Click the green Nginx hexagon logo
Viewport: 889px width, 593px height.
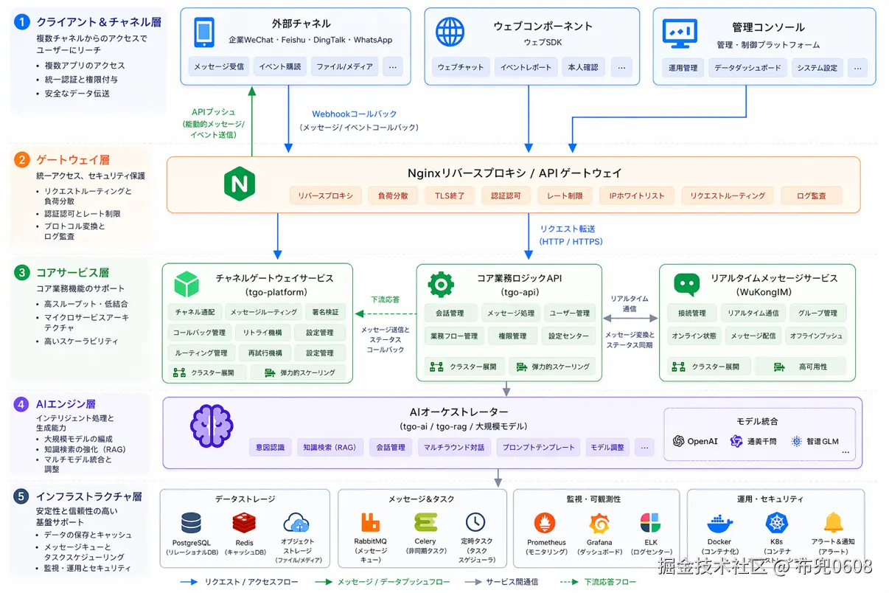tap(239, 182)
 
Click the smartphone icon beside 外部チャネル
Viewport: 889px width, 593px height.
tap(203, 32)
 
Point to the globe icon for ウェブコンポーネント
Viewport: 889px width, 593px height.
tap(450, 32)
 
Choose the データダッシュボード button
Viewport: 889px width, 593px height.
tap(747, 68)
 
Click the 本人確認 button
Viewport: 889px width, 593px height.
tap(583, 67)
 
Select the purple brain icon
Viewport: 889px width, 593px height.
tap(212, 426)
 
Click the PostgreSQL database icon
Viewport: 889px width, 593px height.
tap(191, 524)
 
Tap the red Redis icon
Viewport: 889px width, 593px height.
tap(243, 524)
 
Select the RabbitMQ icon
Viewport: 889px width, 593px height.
tap(370, 523)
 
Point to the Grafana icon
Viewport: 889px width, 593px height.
tap(599, 524)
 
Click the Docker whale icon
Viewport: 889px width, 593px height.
tap(719, 524)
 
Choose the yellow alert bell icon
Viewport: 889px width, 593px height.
tap(833, 523)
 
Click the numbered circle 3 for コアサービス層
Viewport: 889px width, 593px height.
tap(22, 273)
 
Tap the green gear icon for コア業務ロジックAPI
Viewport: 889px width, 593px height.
tap(440, 284)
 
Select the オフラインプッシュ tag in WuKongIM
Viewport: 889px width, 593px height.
tap(817, 336)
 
